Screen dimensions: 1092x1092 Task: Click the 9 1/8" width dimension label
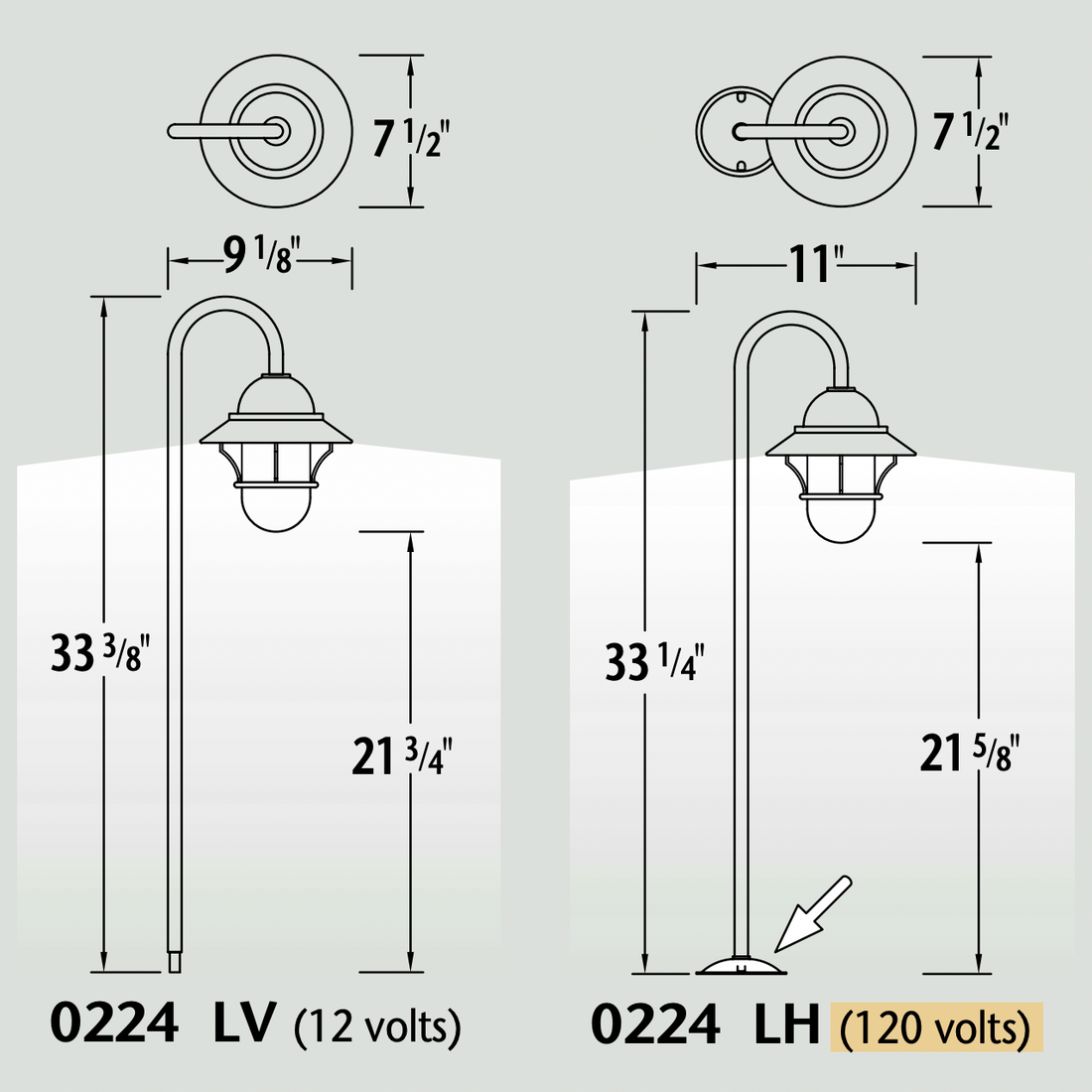pyautogui.click(x=257, y=258)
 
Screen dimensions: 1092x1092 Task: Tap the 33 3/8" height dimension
pyautogui.click(x=99, y=652)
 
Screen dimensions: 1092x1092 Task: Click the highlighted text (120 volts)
pyautogui.click(x=935, y=1027)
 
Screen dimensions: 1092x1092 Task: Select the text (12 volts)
pyautogui.click(x=377, y=1025)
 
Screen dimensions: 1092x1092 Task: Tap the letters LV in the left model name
pyautogui.click(x=244, y=1023)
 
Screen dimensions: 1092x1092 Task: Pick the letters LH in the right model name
pyautogui.click(x=786, y=1024)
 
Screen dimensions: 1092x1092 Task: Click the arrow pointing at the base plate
pyautogui.click(x=812, y=914)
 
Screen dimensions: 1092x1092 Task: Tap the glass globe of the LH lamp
pyautogui.click(x=841, y=518)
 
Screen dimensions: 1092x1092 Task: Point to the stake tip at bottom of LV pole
pyautogui.click(x=175, y=962)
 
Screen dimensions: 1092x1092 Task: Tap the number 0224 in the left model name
pyautogui.click(x=114, y=1023)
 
